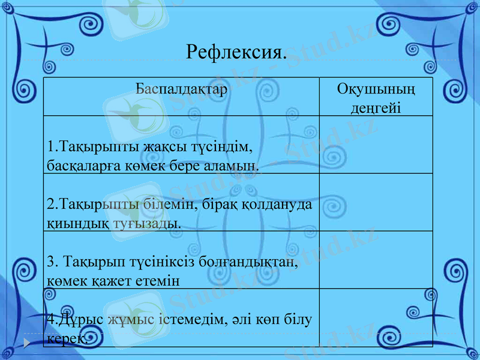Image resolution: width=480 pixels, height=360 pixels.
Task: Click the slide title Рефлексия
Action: click(236, 52)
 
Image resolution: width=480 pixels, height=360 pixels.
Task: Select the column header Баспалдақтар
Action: click(181, 90)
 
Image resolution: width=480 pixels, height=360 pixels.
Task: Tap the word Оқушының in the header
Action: click(376, 90)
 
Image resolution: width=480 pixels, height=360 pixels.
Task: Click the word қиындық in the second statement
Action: click(77, 223)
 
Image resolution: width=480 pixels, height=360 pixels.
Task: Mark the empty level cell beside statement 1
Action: click(376, 145)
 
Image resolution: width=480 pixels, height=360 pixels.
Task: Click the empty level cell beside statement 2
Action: click(376, 202)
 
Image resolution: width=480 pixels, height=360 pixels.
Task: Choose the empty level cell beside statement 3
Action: click(376, 260)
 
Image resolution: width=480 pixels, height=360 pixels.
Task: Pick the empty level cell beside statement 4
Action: click(376, 317)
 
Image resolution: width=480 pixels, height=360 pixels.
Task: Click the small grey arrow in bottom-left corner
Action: click(27, 342)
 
